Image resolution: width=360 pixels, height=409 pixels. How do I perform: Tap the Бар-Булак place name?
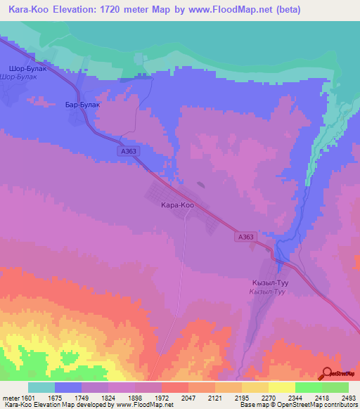(x=84, y=104)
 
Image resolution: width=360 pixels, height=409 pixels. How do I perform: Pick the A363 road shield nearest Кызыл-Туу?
(x=245, y=238)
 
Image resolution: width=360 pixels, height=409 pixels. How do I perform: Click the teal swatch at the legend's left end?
(x=41, y=388)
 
